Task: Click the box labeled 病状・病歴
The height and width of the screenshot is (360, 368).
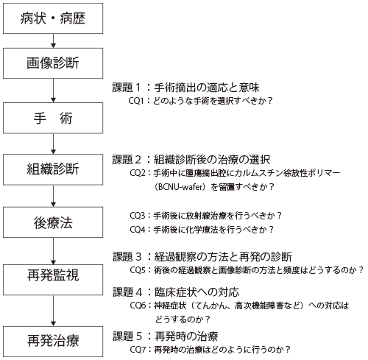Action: click(x=53, y=18)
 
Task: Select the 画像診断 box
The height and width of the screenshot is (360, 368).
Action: click(x=53, y=63)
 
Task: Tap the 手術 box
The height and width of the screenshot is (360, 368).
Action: click(x=53, y=118)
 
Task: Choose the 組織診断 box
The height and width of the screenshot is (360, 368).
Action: click(x=53, y=169)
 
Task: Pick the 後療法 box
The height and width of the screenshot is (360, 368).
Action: click(x=53, y=222)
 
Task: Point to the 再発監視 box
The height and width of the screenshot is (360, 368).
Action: click(x=53, y=280)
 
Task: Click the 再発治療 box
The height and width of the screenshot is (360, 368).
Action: click(x=53, y=342)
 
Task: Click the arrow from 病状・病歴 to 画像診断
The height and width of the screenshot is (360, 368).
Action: click(x=53, y=41)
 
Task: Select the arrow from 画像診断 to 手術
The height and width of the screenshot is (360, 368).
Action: click(x=53, y=91)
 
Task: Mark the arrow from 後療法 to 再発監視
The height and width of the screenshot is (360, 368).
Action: click(x=53, y=251)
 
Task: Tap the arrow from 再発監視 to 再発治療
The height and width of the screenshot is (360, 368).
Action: click(x=53, y=311)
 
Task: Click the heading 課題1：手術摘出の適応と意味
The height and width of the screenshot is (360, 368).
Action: click(x=185, y=88)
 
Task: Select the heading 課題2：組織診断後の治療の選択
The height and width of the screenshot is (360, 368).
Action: click(x=191, y=160)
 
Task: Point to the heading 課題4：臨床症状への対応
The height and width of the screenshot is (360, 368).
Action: click(x=176, y=292)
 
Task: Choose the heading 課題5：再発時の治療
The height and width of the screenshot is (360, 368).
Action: click(x=166, y=336)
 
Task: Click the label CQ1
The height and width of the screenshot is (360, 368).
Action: click(x=136, y=101)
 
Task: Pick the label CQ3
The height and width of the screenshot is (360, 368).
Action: click(x=138, y=216)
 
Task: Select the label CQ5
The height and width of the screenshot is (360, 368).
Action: click(x=138, y=270)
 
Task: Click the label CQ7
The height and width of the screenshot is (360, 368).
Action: click(x=138, y=350)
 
